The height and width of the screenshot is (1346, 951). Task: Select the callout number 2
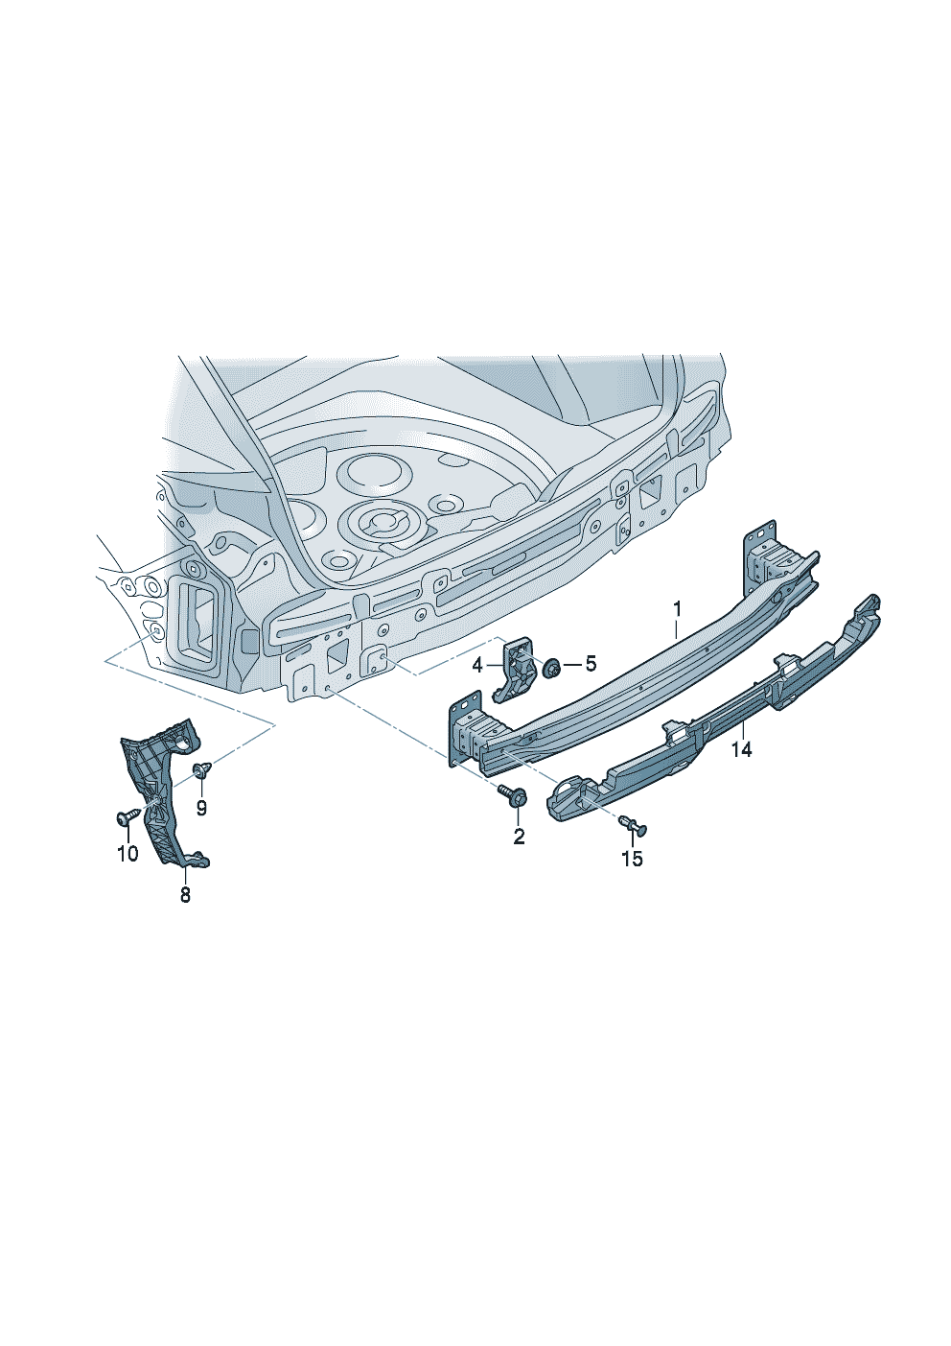point(519,836)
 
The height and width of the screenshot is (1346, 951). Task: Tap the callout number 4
point(478,665)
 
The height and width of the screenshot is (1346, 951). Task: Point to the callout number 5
point(591,664)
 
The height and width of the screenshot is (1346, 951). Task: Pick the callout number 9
point(201,808)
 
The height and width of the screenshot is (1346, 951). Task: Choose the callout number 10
point(128,853)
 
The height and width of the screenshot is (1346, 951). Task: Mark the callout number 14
point(741,749)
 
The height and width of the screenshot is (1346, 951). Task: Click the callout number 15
point(632,859)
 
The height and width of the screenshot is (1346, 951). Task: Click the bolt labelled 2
point(512,795)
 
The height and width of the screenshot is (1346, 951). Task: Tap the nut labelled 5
point(552,667)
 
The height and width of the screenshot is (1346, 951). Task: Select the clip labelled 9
point(200,769)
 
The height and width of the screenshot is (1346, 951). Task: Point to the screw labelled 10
point(127,816)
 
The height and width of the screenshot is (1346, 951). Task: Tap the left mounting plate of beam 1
point(463,729)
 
